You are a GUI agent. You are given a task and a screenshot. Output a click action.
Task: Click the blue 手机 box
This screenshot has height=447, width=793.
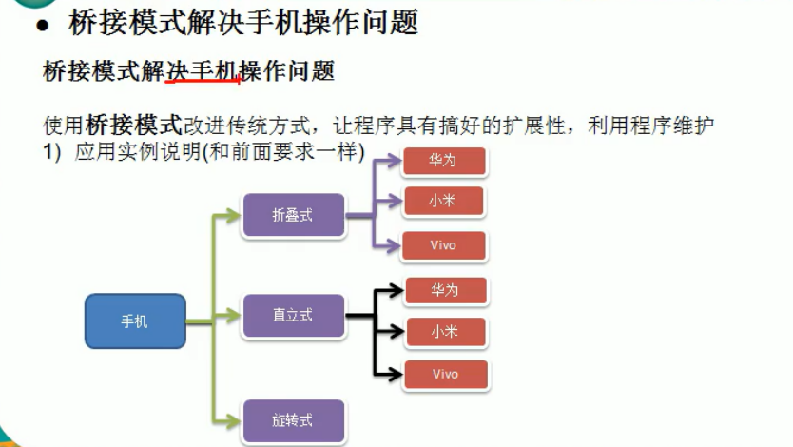134,321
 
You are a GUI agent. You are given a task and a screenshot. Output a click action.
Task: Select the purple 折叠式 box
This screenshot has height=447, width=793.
292,215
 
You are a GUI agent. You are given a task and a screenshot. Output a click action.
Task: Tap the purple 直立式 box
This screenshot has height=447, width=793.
292,315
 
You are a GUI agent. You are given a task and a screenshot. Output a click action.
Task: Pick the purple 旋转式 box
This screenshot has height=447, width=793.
292,420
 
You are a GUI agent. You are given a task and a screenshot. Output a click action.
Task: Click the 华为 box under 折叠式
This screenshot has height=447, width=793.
443,161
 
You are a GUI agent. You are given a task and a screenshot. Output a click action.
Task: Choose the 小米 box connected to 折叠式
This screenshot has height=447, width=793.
443,202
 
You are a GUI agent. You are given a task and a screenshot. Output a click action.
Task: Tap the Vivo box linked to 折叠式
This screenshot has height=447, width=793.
443,245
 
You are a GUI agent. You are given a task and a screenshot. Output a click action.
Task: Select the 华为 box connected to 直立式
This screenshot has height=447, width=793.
444,290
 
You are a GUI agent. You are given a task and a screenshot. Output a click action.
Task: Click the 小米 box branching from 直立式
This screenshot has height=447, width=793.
444,332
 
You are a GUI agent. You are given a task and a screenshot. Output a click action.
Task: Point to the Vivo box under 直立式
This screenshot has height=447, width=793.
445,374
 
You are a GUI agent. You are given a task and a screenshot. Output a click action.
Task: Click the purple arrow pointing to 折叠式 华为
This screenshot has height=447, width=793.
385,161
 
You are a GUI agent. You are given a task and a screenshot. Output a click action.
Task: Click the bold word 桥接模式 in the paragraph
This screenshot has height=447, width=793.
133,125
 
